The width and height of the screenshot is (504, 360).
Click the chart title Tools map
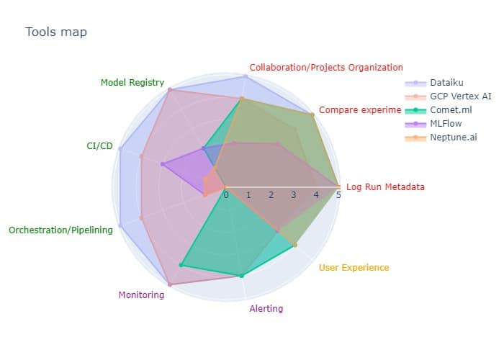(56, 32)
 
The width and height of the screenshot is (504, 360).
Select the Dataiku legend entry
(446, 82)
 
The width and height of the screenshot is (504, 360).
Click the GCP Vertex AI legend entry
(461, 96)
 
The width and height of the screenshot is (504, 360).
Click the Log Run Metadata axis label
(385, 187)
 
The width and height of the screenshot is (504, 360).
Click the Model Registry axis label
(132, 83)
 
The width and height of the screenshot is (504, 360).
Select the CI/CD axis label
(99, 146)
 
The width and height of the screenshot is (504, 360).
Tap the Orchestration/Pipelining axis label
(60, 230)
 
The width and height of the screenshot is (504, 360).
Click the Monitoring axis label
(140, 295)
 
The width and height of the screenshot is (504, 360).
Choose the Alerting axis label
(266, 309)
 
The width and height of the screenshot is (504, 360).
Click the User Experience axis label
(354, 268)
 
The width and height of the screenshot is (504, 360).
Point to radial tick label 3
(293, 195)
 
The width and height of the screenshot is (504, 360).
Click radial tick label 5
(338, 195)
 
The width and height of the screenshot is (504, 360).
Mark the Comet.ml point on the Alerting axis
(241, 275)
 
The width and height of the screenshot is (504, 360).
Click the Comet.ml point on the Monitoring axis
(181, 265)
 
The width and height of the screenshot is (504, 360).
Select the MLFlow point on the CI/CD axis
(163, 165)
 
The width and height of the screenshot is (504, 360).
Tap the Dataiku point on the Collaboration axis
(246, 76)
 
